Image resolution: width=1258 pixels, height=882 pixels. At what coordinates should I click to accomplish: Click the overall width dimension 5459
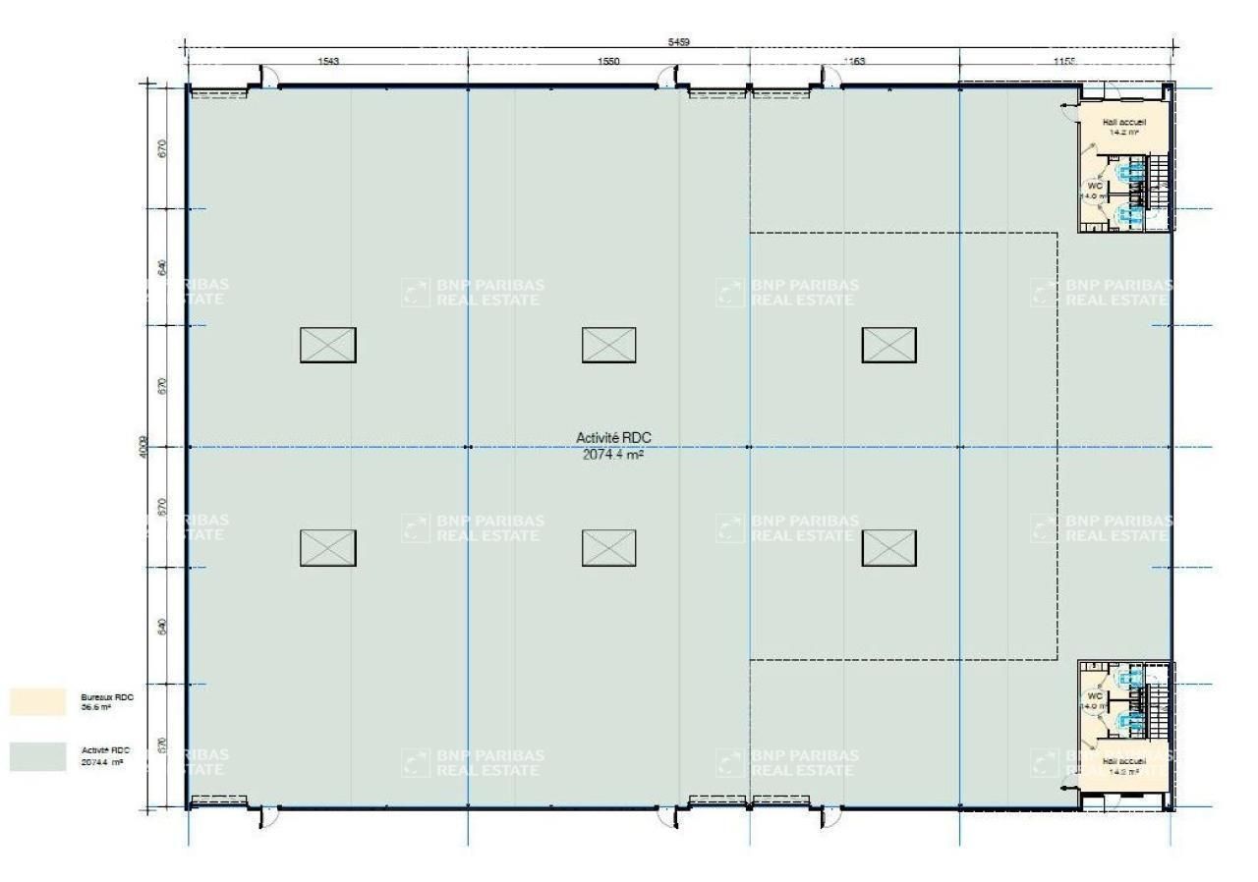click(x=678, y=42)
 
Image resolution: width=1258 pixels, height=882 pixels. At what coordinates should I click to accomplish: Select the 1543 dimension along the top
click(x=328, y=62)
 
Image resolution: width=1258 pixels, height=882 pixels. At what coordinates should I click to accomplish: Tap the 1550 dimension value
click(x=608, y=62)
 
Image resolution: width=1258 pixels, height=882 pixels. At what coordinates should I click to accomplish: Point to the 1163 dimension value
click(x=854, y=62)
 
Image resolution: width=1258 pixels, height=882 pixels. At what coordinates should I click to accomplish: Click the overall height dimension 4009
click(x=143, y=448)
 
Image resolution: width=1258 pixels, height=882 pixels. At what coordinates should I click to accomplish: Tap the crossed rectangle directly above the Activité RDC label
click(x=608, y=345)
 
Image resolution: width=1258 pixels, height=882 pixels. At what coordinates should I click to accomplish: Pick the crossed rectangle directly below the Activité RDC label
click(x=608, y=548)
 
